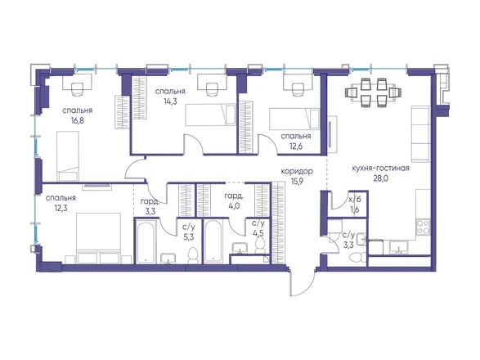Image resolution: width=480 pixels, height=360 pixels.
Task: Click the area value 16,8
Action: coord(78,120)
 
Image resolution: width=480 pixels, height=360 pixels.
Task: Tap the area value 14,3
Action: coord(170,101)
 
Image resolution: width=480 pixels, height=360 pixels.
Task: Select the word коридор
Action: coord(297,171)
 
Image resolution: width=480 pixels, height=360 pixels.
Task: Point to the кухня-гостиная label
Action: coord(380,169)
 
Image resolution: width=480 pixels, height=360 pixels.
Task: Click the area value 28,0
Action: coord(380,178)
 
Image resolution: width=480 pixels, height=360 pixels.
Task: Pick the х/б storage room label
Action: coord(355,199)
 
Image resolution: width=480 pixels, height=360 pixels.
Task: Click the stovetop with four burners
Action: coord(424,227)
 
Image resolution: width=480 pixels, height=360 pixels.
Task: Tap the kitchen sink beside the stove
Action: coord(398,247)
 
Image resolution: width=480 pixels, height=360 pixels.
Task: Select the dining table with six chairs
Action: coord(373,92)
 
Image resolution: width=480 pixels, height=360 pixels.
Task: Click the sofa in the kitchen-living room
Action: coord(420,133)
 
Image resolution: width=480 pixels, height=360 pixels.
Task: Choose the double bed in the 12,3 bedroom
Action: coord(99,238)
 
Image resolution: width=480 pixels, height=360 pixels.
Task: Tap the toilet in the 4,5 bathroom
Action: coord(260,245)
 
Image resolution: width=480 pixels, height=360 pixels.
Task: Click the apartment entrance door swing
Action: coord(303,283)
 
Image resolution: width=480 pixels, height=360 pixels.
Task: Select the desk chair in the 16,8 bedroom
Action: coord(78,89)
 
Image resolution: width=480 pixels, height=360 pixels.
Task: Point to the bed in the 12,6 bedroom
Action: coord(294,119)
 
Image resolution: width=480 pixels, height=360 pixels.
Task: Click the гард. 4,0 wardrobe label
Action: coord(234,201)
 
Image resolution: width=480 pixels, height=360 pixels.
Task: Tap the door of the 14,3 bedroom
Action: coord(194,143)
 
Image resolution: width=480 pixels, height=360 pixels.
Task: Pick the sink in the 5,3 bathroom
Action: coord(168,259)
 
